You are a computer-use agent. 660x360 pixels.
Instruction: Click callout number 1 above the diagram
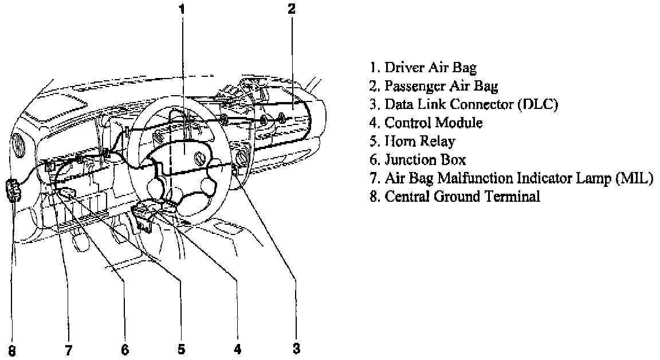pos(182,9)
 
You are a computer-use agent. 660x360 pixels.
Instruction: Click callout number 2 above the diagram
pos(292,9)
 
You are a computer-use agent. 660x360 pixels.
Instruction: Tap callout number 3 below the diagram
pos(296,347)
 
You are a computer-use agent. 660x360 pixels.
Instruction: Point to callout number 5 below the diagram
pos(181,349)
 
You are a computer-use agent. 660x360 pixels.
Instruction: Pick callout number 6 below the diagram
pos(125,349)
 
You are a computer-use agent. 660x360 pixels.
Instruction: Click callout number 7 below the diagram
pos(68,349)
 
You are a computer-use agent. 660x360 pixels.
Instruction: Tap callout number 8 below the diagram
pos(13,349)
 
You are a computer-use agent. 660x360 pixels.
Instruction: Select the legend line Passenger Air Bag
pos(434,86)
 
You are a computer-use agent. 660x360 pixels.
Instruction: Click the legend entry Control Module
pos(426,123)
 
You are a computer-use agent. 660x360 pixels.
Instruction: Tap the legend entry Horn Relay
pos(412,141)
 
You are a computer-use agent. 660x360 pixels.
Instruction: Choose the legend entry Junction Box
pos(418,159)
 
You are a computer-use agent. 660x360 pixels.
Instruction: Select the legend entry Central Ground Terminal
pos(455,196)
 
